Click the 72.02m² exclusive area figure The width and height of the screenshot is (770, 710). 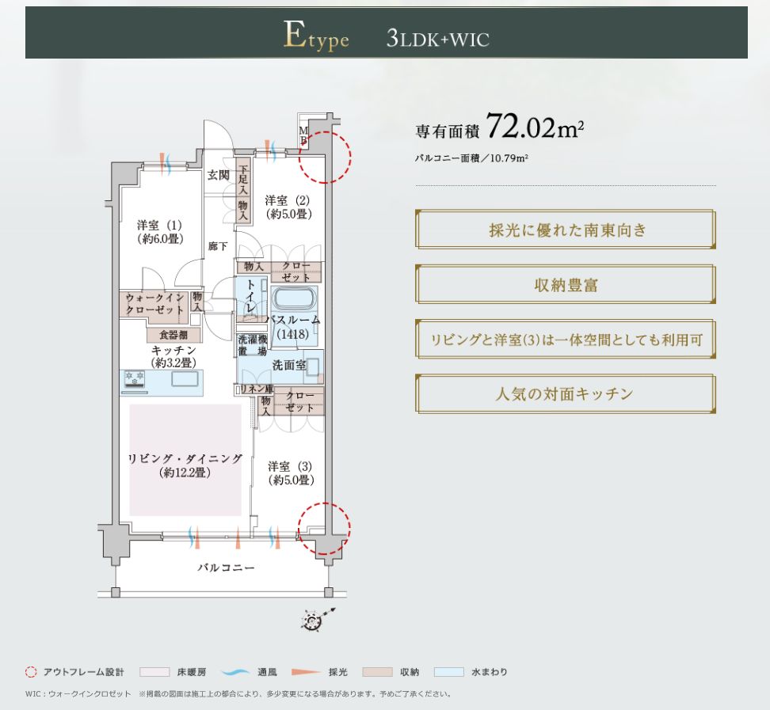click(534, 127)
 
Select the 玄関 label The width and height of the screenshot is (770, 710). click(218, 175)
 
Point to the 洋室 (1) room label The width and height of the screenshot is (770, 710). click(159, 232)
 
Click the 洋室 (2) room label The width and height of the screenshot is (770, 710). click(288, 207)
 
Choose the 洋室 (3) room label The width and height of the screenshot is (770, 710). click(291, 473)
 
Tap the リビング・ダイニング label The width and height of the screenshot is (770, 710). click(185, 465)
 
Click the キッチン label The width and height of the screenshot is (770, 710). click(173, 356)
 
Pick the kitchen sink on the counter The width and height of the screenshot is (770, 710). click(185, 379)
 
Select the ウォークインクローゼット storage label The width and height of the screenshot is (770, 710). click(154, 304)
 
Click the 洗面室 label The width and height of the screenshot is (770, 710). click(288, 365)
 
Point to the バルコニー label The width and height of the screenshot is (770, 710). click(226, 568)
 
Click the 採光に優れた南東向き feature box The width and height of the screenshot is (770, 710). click(566, 230)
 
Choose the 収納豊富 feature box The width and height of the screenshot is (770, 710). click(566, 285)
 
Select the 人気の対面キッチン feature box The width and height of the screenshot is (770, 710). click(566, 394)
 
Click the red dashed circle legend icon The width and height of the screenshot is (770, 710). click(31, 672)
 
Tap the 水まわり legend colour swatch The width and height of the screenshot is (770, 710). click(449, 672)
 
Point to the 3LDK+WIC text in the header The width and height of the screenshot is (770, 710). click(437, 38)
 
